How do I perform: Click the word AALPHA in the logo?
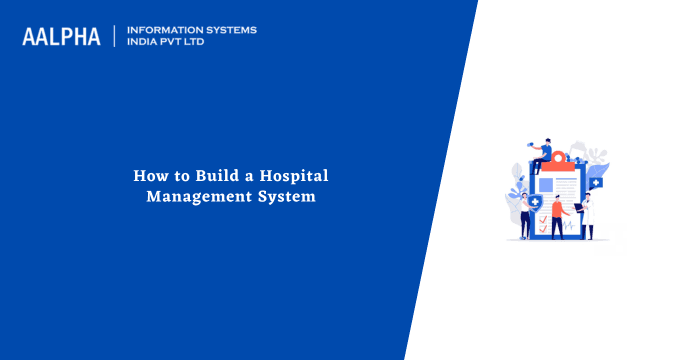pos(61,37)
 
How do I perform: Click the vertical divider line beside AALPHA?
pos(115,36)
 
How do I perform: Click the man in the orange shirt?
pos(558,216)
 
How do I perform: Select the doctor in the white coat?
pos(588,214)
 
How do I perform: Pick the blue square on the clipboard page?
pos(546,185)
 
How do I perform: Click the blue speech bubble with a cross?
pos(596,183)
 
